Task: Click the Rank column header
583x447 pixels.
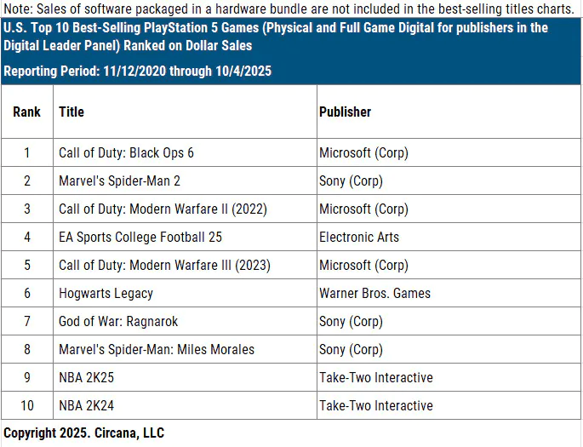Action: click(x=26, y=112)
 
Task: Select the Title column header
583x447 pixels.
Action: click(x=71, y=112)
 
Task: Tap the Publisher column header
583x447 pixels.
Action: click(x=345, y=112)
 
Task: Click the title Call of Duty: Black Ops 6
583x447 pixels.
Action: click(x=126, y=153)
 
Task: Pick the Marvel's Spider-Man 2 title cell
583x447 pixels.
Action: click(x=119, y=181)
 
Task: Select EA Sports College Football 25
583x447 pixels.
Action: click(x=140, y=238)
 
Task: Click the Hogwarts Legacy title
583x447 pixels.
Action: click(x=106, y=294)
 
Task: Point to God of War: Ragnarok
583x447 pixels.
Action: click(x=118, y=322)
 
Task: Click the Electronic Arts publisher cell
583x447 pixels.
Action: click(x=358, y=238)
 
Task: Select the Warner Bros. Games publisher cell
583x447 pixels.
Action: click(x=374, y=294)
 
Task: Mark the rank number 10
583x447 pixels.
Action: click(x=26, y=405)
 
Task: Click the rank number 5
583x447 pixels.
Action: click(x=26, y=266)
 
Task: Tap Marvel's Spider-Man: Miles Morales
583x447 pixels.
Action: click(x=157, y=349)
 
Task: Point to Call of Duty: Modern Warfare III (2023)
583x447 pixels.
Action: click(x=164, y=266)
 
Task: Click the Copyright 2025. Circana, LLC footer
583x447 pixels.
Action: click(x=83, y=433)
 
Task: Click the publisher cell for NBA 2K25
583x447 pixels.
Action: click(x=375, y=377)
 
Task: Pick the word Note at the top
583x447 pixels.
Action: click(x=16, y=9)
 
